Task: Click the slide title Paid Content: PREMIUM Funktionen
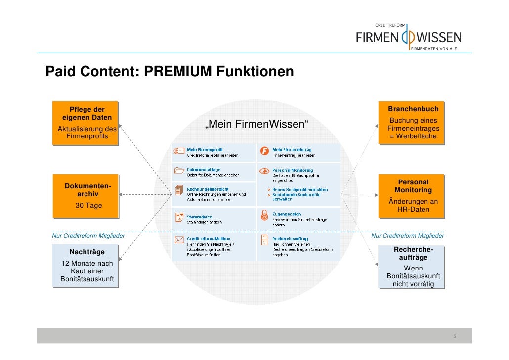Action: pyautogui.click(x=170, y=72)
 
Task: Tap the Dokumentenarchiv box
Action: pyautogui.click(x=86, y=195)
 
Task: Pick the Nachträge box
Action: pyautogui.click(x=86, y=267)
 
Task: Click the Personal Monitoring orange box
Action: pyautogui.click(x=413, y=195)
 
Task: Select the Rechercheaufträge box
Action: pyautogui.click(x=413, y=267)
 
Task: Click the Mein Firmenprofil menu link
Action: pyautogui.click(x=205, y=150)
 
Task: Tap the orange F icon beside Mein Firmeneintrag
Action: pyautogui.click(x=265, y=152)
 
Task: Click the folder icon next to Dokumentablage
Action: pyautogui.click(x=179, y=171)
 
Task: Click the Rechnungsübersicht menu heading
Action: pyautogui.click(x=208, y=188)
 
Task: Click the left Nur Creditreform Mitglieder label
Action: pyautogui.click(x=88, y=236)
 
